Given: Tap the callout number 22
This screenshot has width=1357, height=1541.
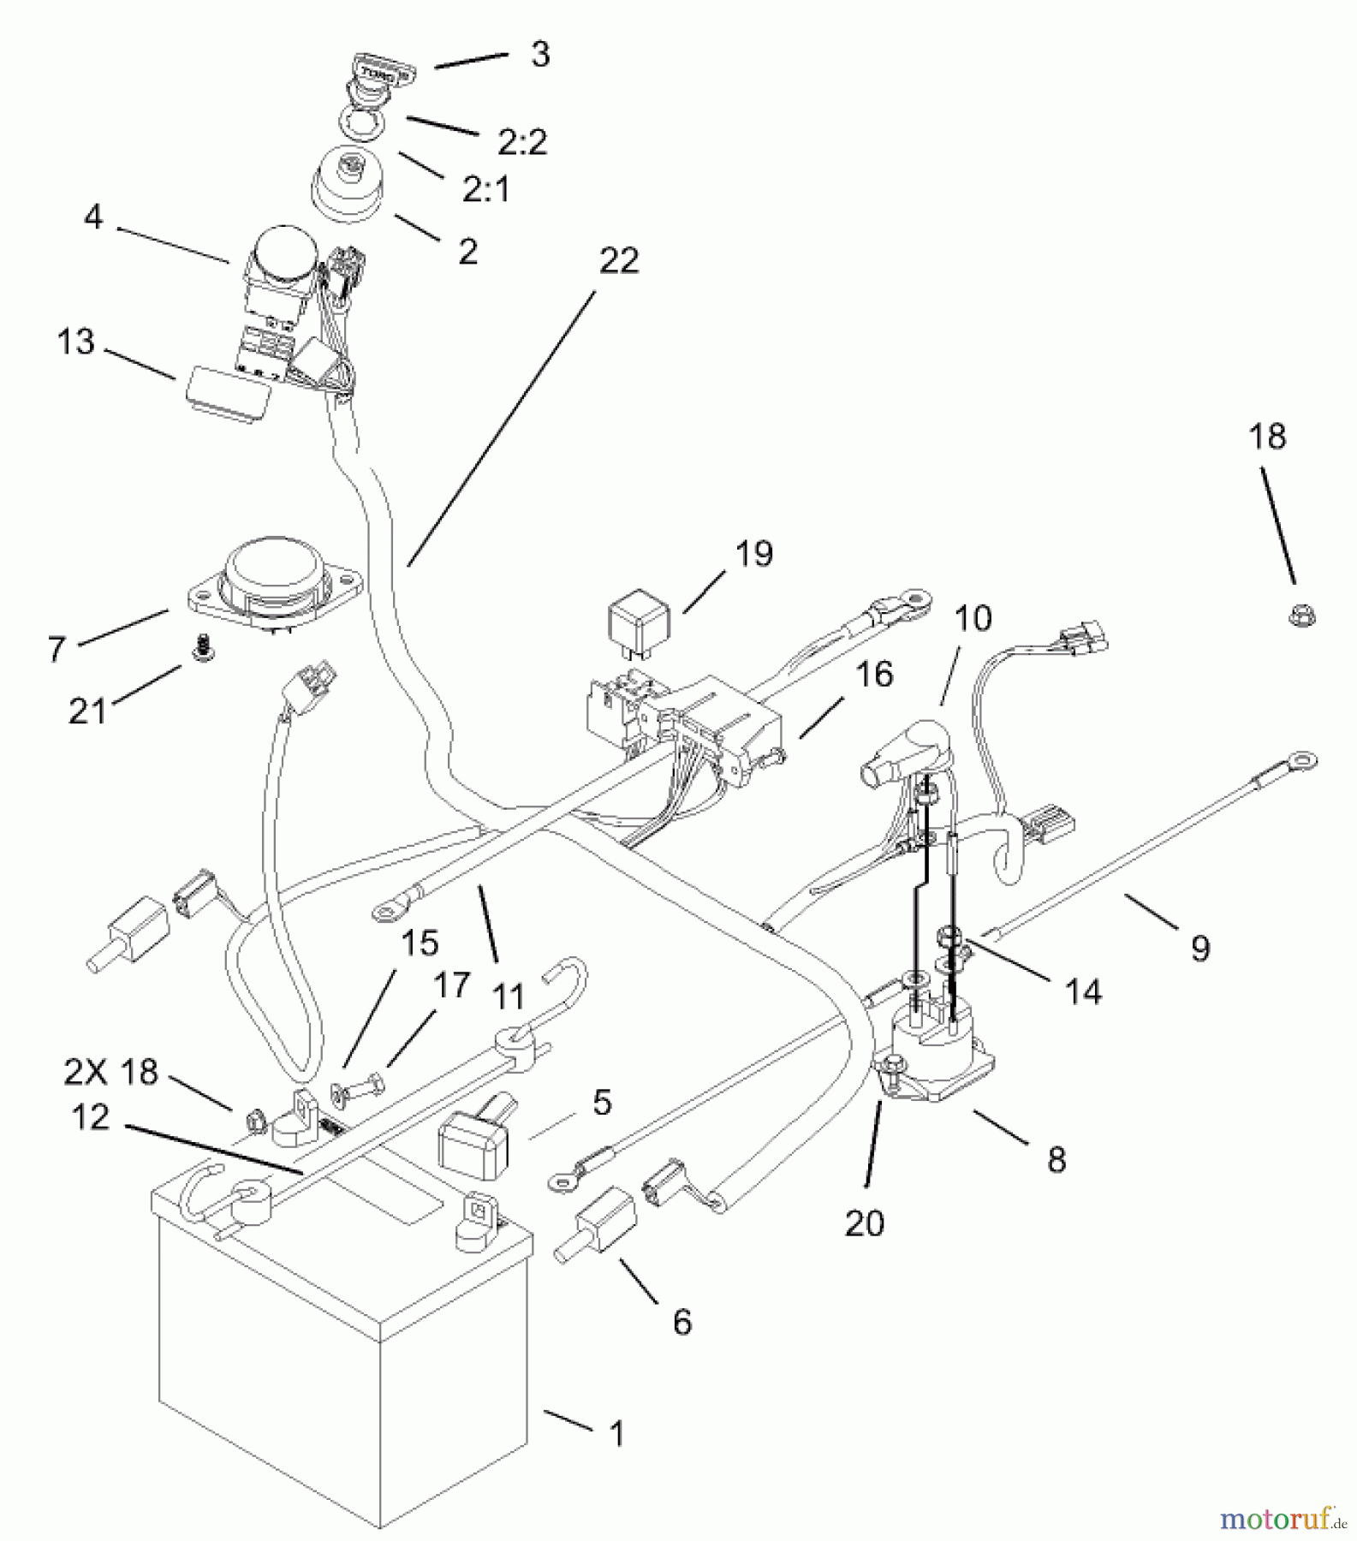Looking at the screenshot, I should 618,260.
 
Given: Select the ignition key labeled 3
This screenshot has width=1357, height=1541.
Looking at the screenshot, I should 380,72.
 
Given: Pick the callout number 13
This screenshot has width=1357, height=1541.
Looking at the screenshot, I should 75,342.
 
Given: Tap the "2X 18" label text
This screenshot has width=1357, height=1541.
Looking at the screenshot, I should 111,1072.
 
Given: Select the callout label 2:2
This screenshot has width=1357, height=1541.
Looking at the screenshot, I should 522,142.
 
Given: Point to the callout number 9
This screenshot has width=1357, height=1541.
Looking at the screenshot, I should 1200,949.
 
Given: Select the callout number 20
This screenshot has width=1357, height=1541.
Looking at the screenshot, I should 864,1223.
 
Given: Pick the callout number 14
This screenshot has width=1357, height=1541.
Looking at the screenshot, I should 1082,991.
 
